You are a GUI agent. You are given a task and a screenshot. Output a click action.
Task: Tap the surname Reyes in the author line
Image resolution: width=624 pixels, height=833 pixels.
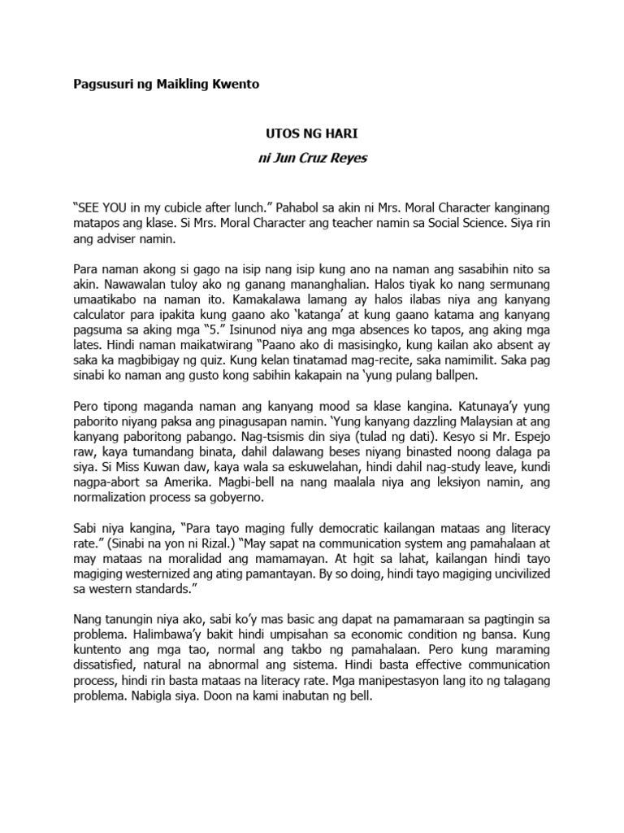349,158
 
